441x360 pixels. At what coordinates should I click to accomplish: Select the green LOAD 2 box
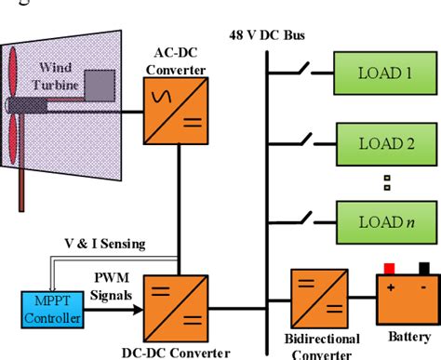click(x=382, y=144)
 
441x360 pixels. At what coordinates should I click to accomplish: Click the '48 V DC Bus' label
click(x=267, y=35)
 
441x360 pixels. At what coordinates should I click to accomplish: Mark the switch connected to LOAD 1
click(x=305, y=67)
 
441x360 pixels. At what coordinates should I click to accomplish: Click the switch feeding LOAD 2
click(x=305, y=141)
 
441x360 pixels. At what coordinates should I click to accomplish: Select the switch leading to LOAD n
click(x=305, y=216)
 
